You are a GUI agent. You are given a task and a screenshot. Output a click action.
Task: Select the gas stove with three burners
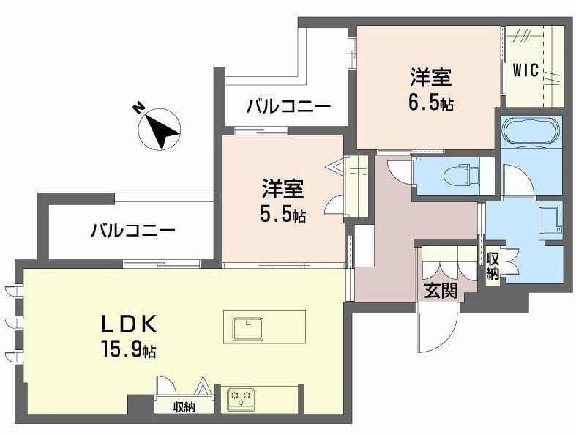pos(241,399)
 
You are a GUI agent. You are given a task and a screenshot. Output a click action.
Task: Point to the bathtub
pos(531,134)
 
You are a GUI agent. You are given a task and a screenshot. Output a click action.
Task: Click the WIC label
pos(525,70)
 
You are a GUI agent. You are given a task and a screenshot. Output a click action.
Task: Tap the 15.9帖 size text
pos(129,350)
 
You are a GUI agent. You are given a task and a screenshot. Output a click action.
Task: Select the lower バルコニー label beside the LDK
pos(132,231)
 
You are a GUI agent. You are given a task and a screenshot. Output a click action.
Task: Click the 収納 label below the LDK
pos(184,406)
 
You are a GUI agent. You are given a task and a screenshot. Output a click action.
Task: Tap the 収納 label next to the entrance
pos(493,267)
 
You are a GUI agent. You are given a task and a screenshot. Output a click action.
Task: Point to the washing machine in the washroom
pos(547,220)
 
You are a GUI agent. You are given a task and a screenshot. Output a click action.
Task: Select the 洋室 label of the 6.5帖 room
pos(430,76)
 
